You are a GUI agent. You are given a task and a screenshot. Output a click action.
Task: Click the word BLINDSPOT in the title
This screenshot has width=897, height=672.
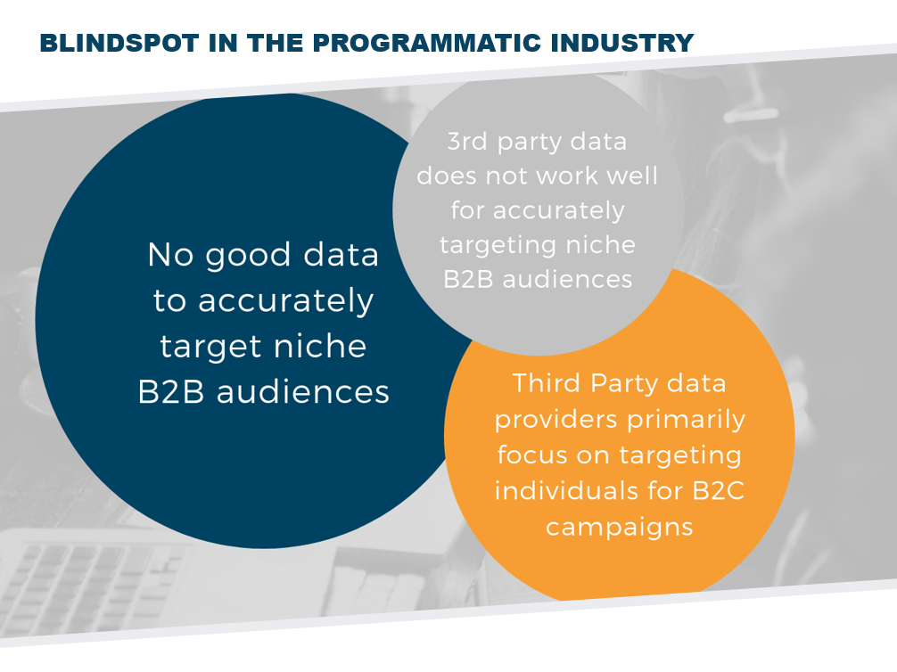pyautogui.click(x=119, y=44)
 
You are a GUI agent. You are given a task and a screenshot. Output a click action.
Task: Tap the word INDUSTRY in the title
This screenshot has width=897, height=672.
pyautogui.click(x=621, y=44)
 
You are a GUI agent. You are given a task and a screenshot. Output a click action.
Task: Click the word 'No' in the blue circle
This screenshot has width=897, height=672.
pyautogui.click(x=171, y=255)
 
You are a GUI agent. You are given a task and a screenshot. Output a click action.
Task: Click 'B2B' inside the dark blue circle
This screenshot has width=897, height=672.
pyautogui.click(x=171, y=392)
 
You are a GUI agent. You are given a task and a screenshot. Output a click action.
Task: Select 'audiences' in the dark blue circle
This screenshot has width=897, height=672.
pyautogui.click(x=303, y=392)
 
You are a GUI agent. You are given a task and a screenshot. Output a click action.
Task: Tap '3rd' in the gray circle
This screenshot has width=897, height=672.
pyautogui.click(x=466, y=142)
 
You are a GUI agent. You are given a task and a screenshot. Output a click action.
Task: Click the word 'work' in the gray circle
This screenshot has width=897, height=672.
pyautogui.click(x=569, y=176)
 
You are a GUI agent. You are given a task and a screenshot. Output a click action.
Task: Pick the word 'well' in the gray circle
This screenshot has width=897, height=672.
pyautogui.click(x=632, y=176)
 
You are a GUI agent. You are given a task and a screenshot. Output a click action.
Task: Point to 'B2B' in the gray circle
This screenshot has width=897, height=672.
pyautogui.click(x=468, y=280)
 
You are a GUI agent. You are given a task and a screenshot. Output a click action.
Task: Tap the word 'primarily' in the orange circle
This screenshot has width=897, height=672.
pyautogui.click(x=687, y=421)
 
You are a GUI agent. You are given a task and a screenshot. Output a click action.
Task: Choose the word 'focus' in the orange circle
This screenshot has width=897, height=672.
pyautogui.click(x=532, y=455)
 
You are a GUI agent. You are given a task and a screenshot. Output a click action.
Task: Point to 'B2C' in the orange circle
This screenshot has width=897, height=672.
pyautogui.click(x=719, y=491)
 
